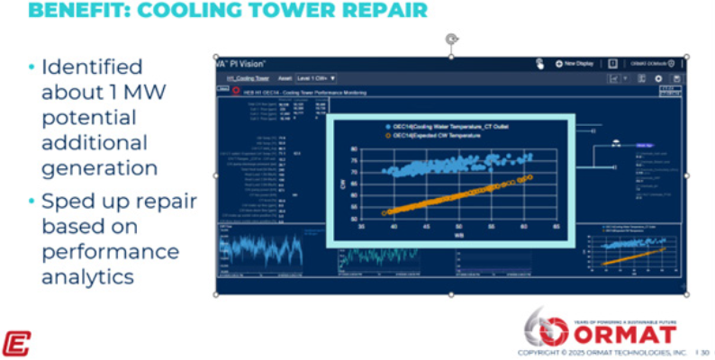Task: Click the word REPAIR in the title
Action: pos(379,11)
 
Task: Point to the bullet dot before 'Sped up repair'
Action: pos(32,200)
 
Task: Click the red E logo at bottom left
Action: pos(16,343)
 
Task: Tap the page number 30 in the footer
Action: pos(705,352)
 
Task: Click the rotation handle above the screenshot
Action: pos(451,39)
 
